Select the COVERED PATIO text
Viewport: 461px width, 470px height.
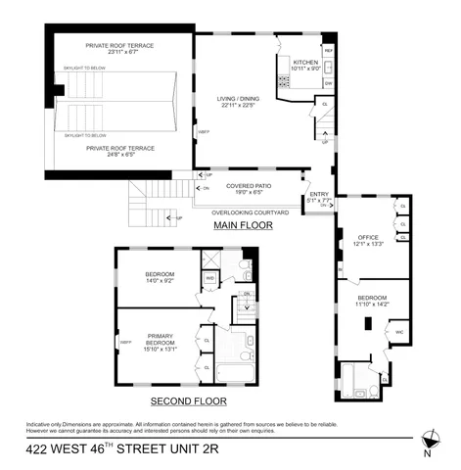click(248, 184)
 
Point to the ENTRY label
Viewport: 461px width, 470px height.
click(320, 194)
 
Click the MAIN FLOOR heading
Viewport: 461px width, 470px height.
click(243, 226)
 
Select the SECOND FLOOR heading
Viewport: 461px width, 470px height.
click(188, 400)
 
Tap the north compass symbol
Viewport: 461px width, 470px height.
click(428, 440)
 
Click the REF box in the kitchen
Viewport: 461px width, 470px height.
click(329, 50)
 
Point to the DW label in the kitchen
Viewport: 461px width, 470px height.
click(329, 83)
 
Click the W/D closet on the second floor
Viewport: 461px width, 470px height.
click(209, 278)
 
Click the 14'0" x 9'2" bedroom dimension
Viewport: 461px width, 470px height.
click(160, 281)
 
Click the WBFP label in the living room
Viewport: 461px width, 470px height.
click(204, 131)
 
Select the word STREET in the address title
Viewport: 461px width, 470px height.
click(196, 454)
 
